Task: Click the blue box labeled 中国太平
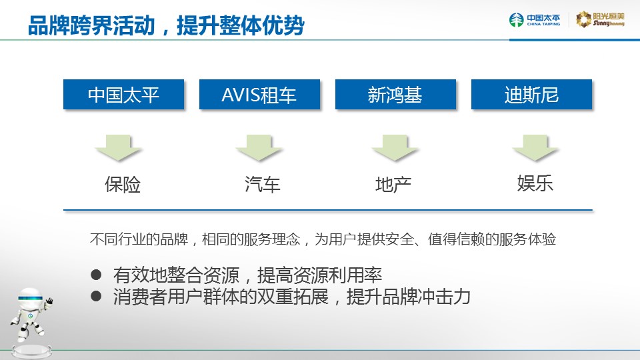(124, 94)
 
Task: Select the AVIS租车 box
(259, 94)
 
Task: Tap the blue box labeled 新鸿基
(395, 94)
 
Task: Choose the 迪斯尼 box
(531, 94)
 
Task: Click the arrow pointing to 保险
(119, 147)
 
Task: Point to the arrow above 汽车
(259, 147)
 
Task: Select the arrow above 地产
(395, 147)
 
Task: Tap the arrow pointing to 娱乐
(535, 147)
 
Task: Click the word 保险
(123, 185)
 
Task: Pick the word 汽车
(262, 185)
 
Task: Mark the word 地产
(393, 185)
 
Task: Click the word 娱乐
(535, 183)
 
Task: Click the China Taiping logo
(535, 19)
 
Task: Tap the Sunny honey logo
(600, 19)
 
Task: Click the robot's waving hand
(49, 302)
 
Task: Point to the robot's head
(31, 299)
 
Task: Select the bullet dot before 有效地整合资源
(96, 275)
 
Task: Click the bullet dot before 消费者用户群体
(96, 296)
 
